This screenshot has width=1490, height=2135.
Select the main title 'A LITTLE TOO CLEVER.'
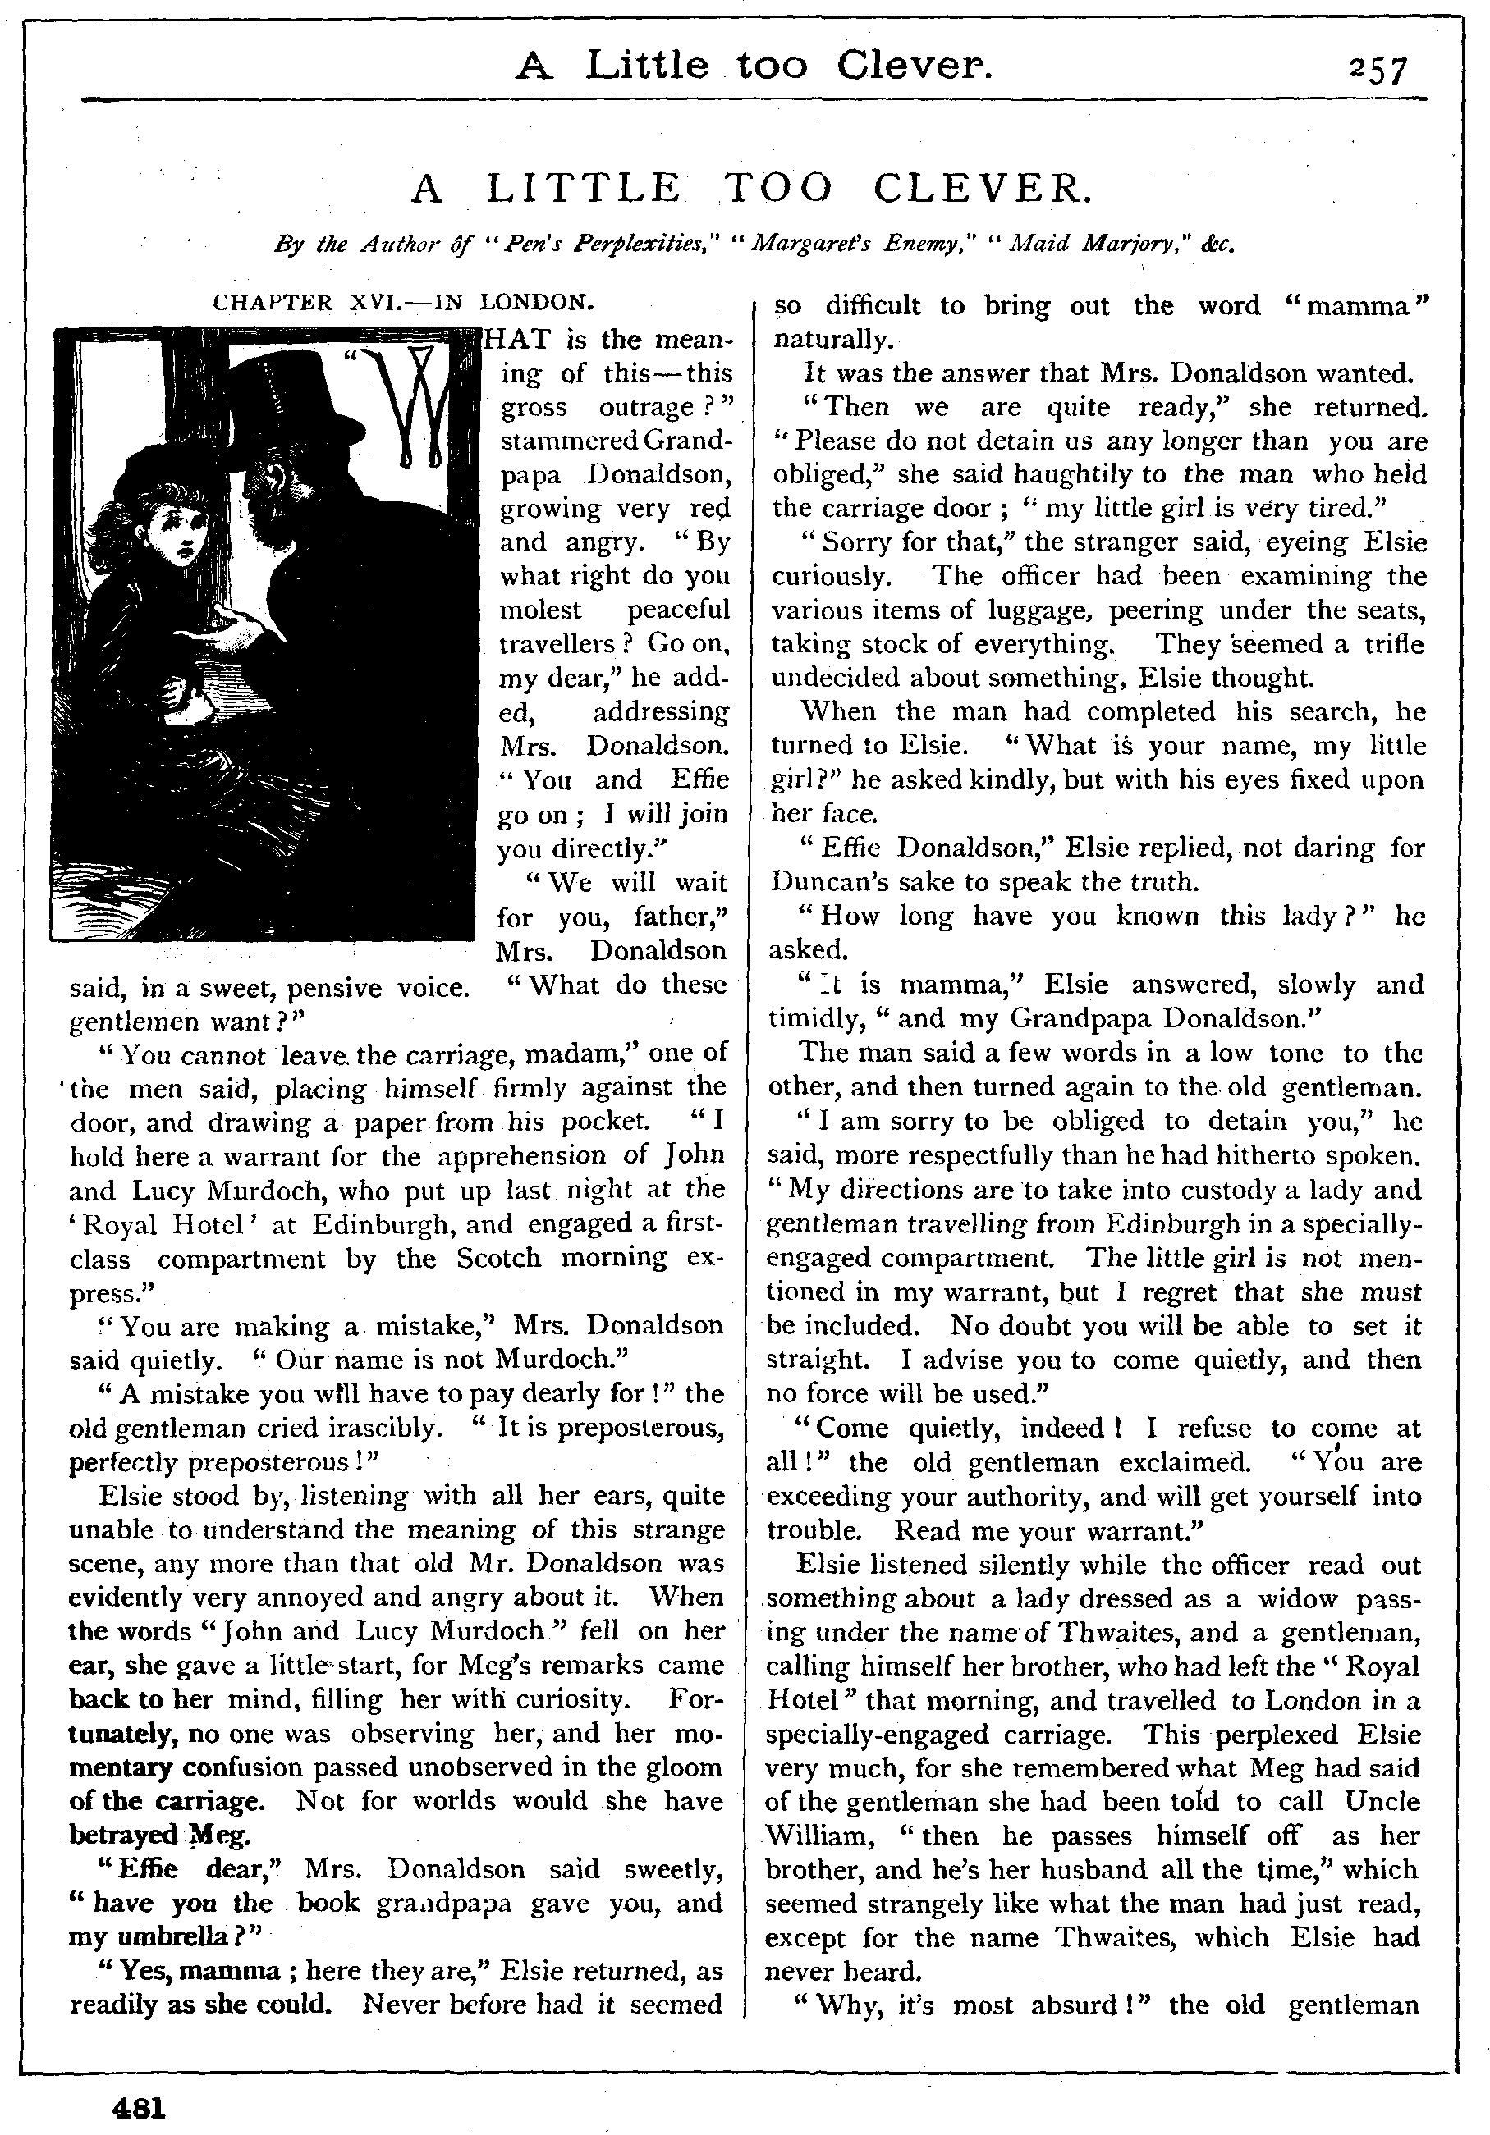pyautogui.click(x=751, y=189)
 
